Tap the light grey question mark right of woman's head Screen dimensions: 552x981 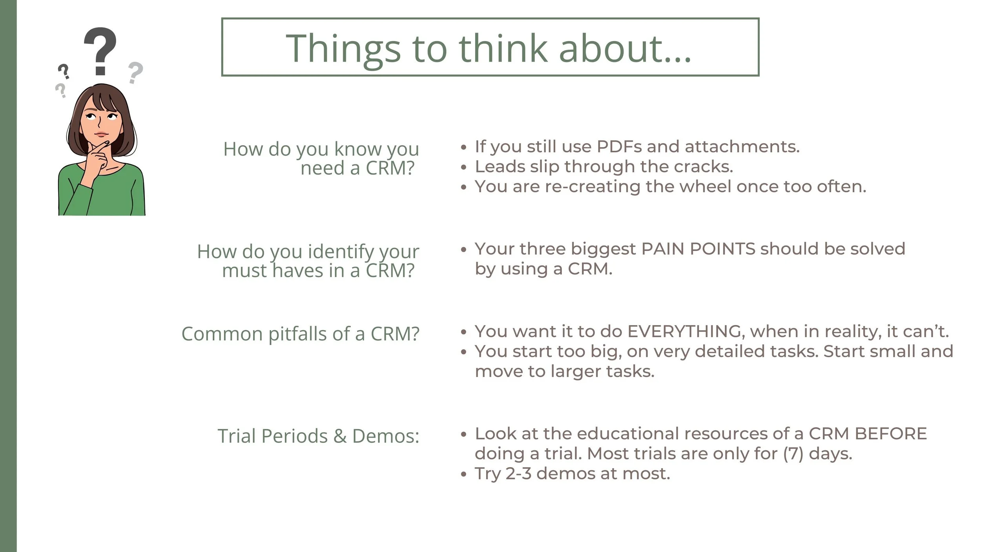(135, 72)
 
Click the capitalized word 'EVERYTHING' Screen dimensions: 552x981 (684, 332)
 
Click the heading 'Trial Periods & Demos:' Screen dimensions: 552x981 (318, 436)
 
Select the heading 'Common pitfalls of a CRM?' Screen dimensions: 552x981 (300, 334)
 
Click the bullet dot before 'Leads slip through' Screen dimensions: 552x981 (464, 168)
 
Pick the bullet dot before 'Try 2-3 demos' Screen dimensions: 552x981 (464, 475)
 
